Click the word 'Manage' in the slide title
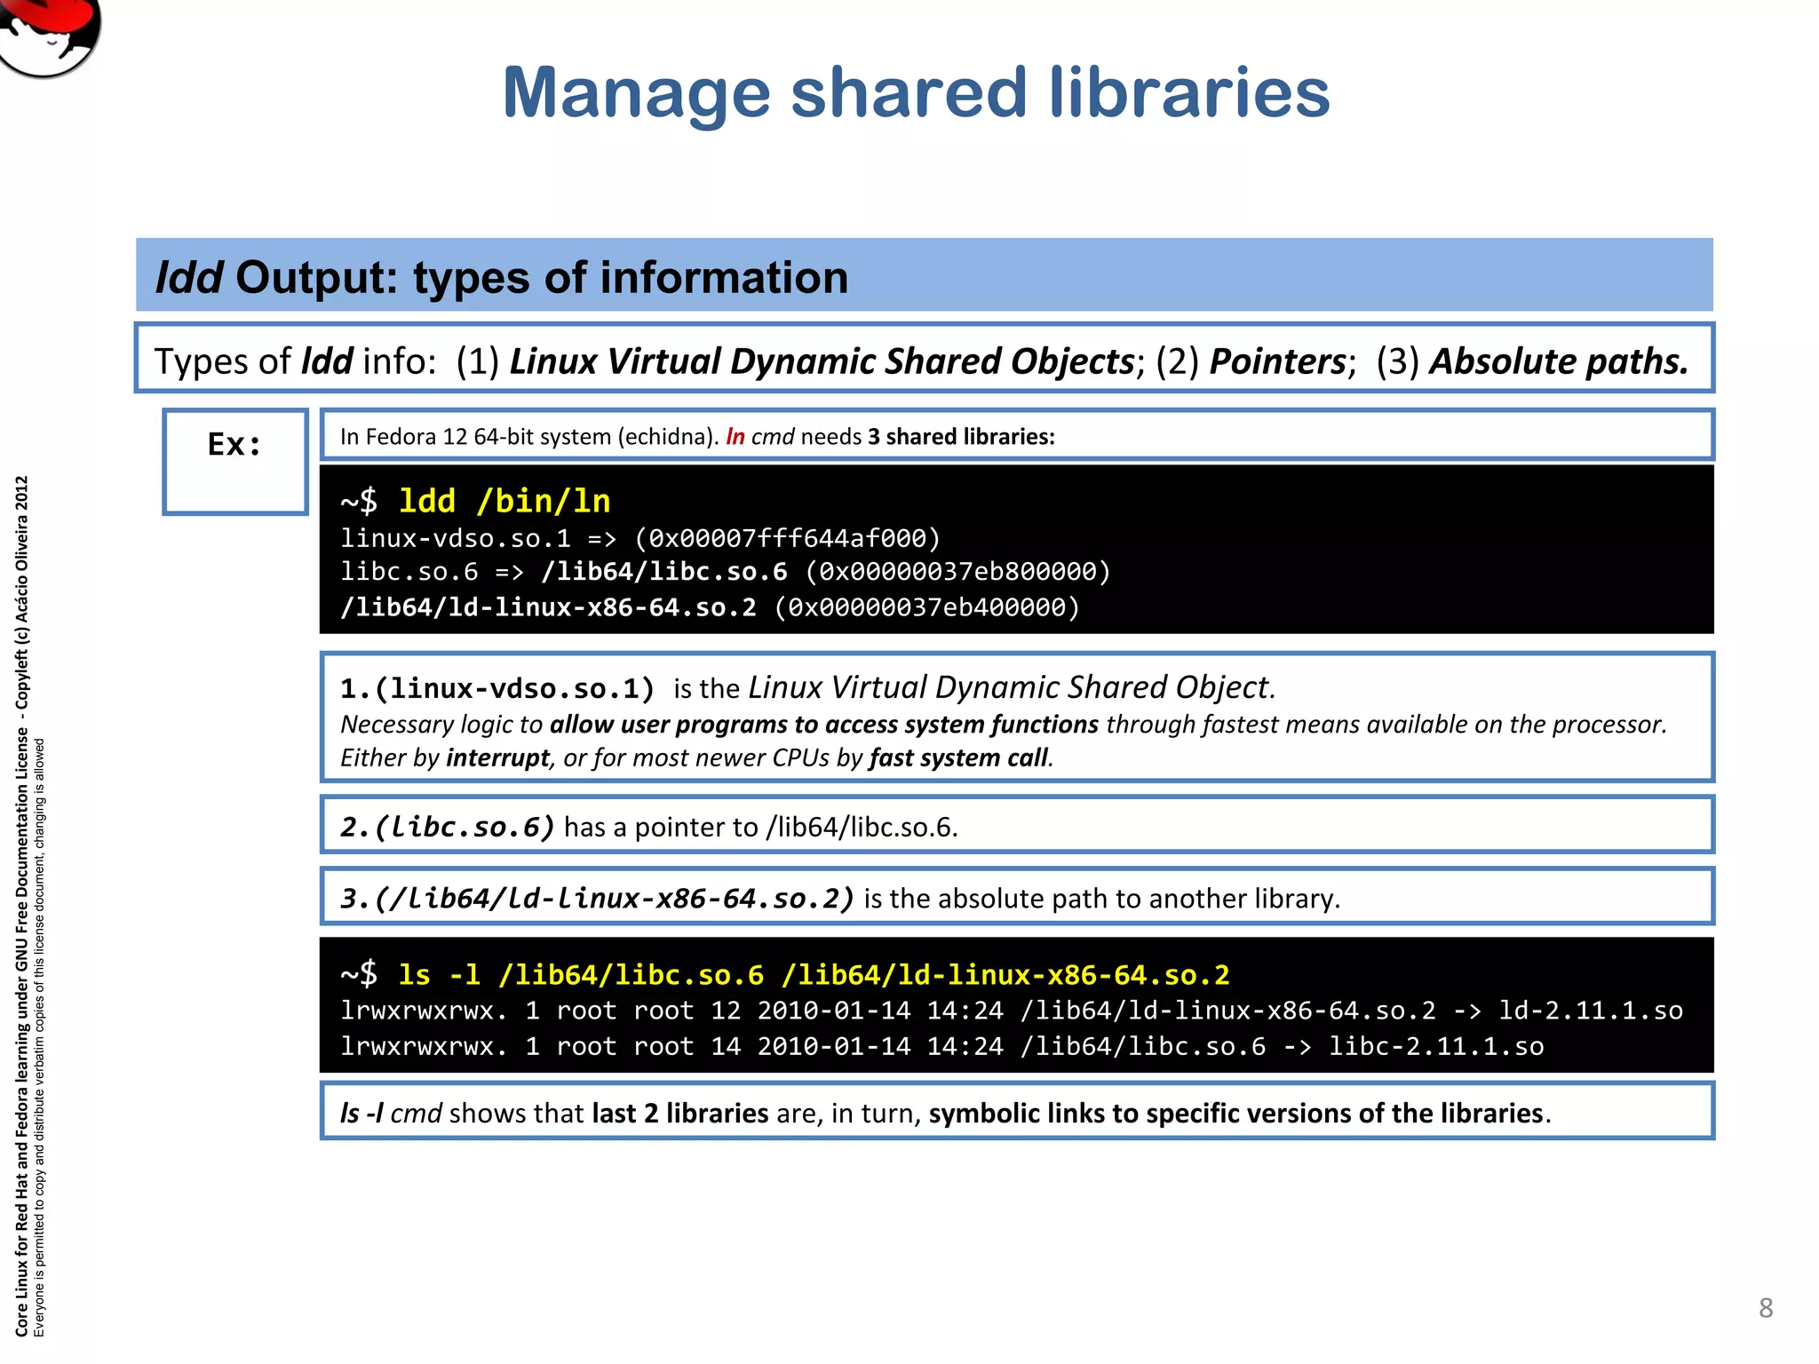click(636, 93)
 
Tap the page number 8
click(1766, 1307)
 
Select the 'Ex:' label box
click(234, 461)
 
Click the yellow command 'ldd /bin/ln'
click(504, 501)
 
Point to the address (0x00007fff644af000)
click(787, 538)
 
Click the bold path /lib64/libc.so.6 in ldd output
click(664, 572)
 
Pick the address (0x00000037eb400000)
click(926, 607)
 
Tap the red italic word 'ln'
click(735, 437)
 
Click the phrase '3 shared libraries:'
click(961, 437)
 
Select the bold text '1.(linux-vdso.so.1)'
click(497, 688)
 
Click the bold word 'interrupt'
click(498, 757)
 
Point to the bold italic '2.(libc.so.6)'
click(447, 827)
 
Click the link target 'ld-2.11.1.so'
click(1590, 1011)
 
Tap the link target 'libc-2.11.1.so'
click(1436, 1046)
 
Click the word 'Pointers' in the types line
click(1278, 361)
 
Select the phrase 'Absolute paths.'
click(1559, 361)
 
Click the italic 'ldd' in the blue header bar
click(188, 277)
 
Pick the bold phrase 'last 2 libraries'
click(680, 1113)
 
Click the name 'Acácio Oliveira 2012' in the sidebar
click(22, 549)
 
